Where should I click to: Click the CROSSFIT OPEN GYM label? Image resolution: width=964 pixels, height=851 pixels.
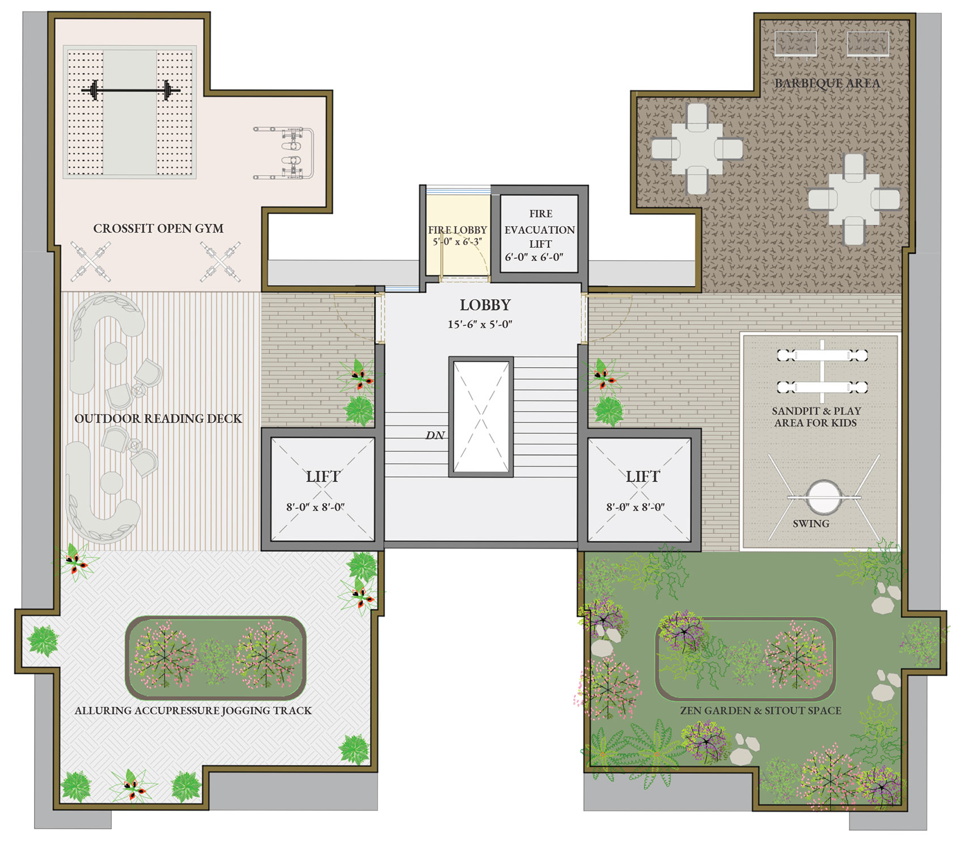point(158,229)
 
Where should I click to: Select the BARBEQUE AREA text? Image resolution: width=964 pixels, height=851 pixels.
point(827,83)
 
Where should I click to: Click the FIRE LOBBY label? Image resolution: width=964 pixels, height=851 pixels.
point(457,230)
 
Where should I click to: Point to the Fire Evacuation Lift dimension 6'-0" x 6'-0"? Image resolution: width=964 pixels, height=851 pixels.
point(534,257)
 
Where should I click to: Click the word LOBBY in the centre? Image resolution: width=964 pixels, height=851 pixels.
point(485,305)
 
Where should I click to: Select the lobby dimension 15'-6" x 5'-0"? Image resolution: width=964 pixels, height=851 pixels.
point(480,325)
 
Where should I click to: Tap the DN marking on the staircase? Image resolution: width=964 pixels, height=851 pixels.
point(435,435)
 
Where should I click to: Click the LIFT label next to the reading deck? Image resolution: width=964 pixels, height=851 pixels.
point(323,477)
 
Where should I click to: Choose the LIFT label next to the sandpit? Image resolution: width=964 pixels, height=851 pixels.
point(642,477)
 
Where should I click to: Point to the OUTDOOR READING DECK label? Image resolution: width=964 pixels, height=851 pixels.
point(158,419)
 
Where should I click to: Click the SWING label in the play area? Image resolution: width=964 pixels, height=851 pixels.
point(811,524)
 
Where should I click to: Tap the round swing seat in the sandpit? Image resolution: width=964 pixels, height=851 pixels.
point(823,497)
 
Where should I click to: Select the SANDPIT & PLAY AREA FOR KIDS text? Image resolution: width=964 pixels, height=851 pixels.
point(816,417)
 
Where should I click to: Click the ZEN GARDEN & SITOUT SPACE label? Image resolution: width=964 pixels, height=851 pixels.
point(760,710)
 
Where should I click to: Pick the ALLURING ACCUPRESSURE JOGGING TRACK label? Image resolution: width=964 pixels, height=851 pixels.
point(193,710)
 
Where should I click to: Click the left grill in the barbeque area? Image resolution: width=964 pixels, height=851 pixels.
point(796,44)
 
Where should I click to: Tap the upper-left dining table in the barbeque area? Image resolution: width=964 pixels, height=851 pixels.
point(697,149)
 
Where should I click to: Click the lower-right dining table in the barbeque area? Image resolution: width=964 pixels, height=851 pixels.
point(853,199)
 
